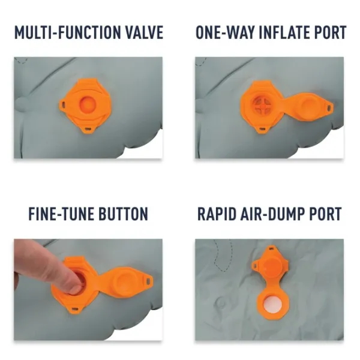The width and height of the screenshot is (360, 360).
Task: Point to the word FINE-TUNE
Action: pyautogui.click(x=61, y=214)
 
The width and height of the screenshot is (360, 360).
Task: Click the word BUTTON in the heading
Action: pyautogui.click(x=123, y=214)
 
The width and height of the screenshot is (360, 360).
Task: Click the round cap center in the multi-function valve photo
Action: pyautogui.click(x=87, y=104)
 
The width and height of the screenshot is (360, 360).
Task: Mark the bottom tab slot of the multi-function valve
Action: pyautogui.click(x=88, y=129)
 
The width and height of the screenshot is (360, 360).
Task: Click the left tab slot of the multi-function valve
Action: pyautogui.click(x=64, y=104)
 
